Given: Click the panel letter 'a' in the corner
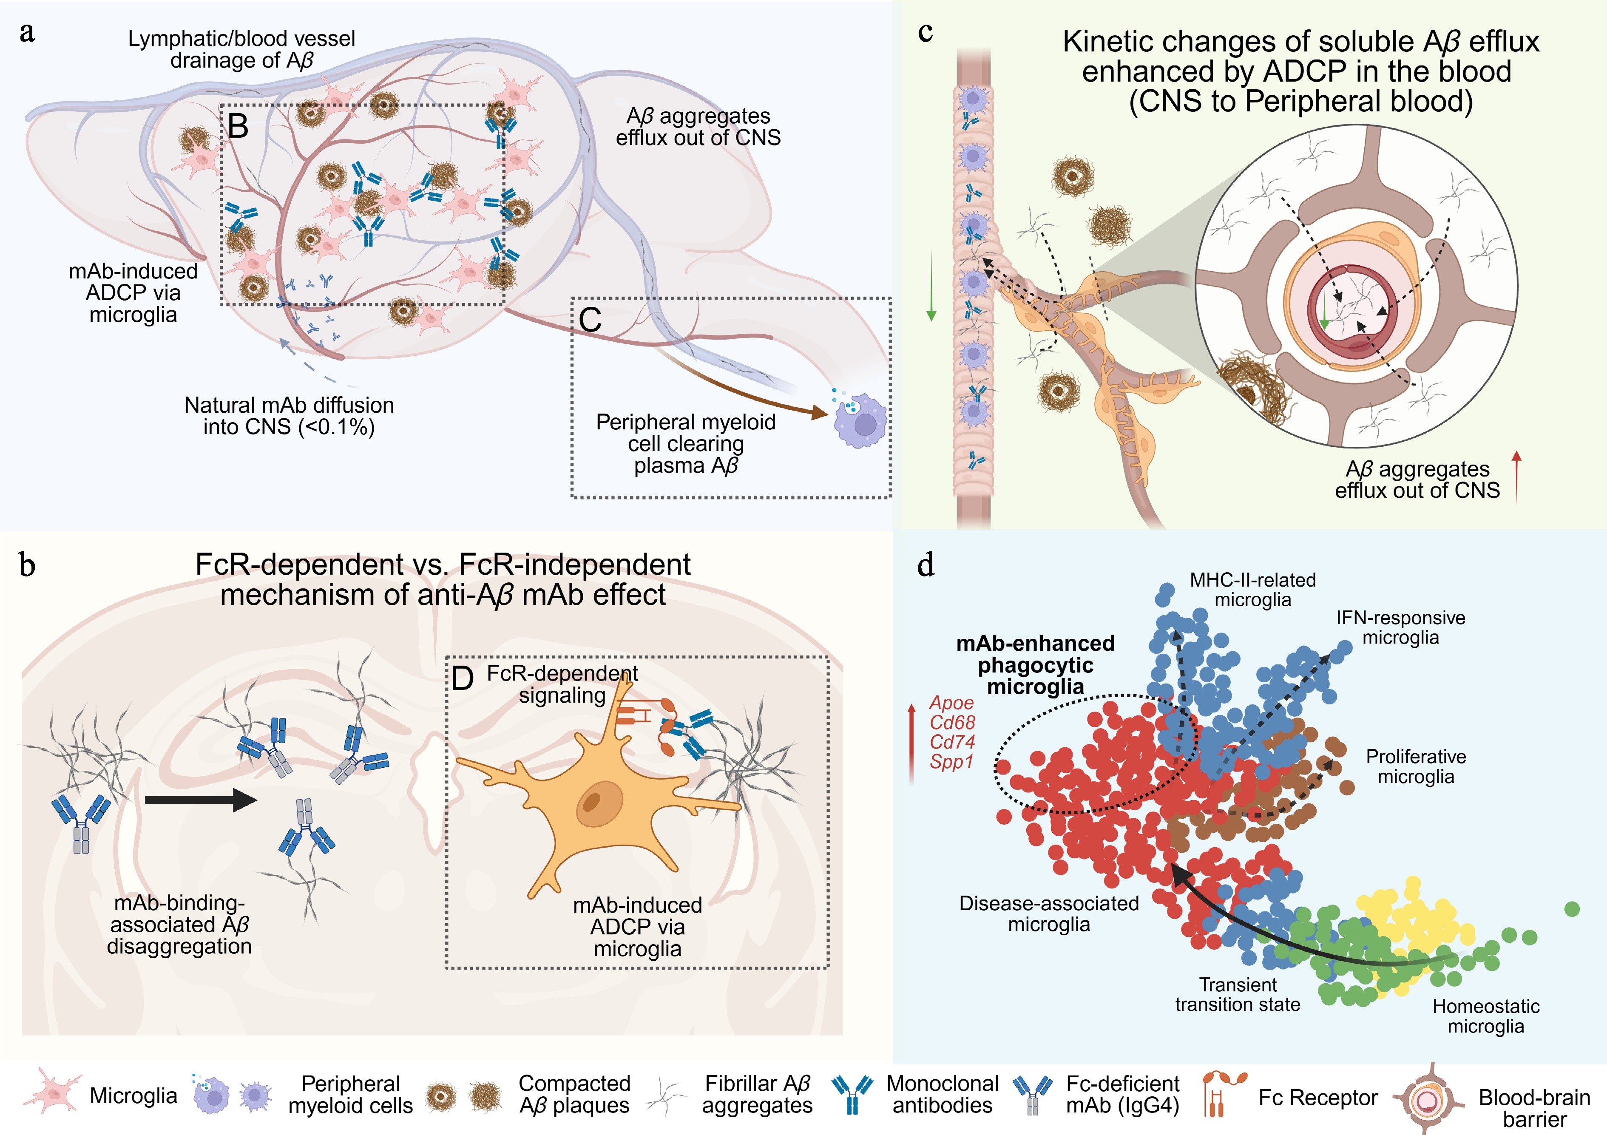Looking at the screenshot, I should point(27,33).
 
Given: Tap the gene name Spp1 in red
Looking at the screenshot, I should point(951,761).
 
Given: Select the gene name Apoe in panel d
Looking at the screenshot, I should point(951,703).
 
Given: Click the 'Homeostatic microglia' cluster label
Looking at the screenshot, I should point(1485,1016).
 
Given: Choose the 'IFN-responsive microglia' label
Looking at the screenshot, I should point(1400,628).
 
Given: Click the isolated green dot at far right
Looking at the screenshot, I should point(1572,909).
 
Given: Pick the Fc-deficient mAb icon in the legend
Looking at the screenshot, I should point(1032,1095).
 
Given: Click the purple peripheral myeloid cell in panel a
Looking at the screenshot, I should point(861,420).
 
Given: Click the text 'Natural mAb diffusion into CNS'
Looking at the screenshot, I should point(289,416).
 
